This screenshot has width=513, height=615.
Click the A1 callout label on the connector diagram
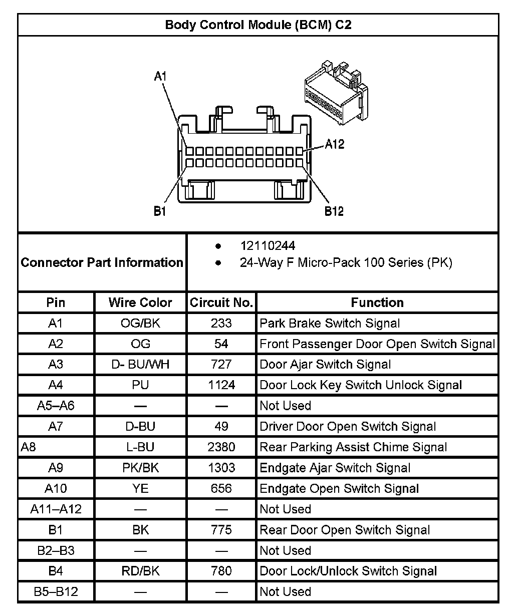click(x=160, y=76)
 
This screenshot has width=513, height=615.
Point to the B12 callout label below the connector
click(x=334, y=211)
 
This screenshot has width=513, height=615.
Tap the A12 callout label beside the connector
click(x=335, y=144)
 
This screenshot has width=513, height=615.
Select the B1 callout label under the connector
click(x=160, y=211)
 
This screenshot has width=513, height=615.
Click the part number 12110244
click(x=268, y=246)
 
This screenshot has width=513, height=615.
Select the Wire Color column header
click(x=140, y=302)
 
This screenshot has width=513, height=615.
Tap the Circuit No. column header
click(x=221, y=302)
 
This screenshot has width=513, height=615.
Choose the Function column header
click(x=377, y=302)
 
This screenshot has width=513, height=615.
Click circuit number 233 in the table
click(x=221, y=323)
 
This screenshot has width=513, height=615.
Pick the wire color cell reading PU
click(x=140, y=385)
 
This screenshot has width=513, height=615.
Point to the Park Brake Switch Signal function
click(x=330, y=323)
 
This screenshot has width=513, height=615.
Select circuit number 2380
click(x=221, y=447)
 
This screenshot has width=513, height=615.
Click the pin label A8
click(x=29, y=447)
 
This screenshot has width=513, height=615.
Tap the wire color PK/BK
click(x=140, y=468)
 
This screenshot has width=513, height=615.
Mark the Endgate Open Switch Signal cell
click(x=339, y=488)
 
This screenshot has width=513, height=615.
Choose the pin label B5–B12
click(x=56, y=591)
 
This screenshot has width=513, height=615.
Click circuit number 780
click(x=221, y=571)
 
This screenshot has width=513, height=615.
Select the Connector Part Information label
click(x=102, y=262)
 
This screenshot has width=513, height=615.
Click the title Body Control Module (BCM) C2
click(x=258, y=25)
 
